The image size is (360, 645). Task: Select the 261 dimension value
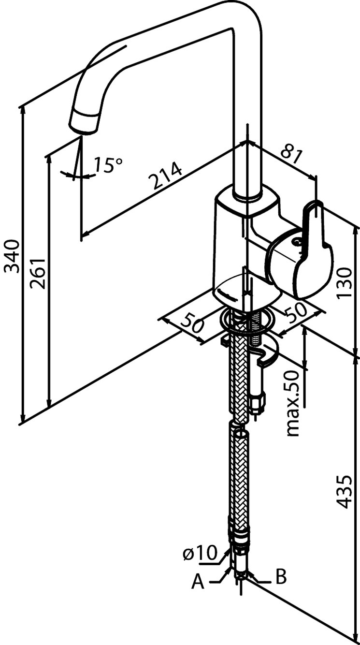coord(38,274)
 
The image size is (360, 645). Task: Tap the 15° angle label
coord(107,165)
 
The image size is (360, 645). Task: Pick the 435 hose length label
coord(344,491)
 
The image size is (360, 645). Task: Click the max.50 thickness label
coord(293,404)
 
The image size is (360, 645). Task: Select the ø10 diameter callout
coord(199,554)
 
